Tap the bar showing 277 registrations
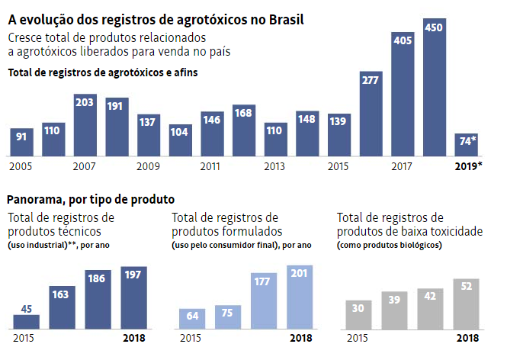pyautogui.click(x=371, y=114)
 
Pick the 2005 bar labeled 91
pyautogui.click(x=21, y=143)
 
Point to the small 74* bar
pyautogui.click(x=466, y=144)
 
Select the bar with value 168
pyautogui.click(x=243, y=130)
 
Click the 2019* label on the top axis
pyautogui.click(x=468, y=166)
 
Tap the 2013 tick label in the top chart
pyautogui.click(x=274, y=166)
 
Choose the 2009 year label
pyautogui.click(x=147, y=166)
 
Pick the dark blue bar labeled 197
pyautogui.click(x=133, y=298)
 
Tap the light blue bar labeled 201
pyautogui.click(x=300, y=298)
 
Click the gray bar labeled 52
pyautogui.click(x=466, y=304)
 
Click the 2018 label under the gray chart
pyautogui.click(x=467, y=338)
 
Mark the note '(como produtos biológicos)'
pyautogui.click(x=389, y=246)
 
